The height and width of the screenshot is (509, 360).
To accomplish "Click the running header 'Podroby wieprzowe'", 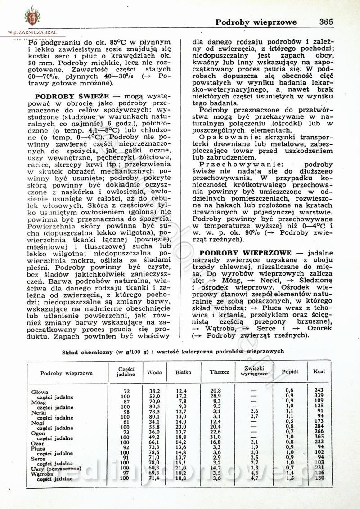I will point(256,22).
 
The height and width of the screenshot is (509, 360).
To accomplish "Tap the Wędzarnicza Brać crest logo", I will point(32,18).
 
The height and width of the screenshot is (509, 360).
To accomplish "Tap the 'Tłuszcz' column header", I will point(219,372).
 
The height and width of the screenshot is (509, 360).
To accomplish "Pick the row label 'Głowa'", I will point(40,392).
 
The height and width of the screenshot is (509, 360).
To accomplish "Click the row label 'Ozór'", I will point(39,443).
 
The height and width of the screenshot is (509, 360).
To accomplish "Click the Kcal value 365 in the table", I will point(319,437).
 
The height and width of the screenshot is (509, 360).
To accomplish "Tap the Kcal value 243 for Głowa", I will point(319,390).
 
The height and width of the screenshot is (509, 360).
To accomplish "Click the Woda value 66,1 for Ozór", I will point(155,442).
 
